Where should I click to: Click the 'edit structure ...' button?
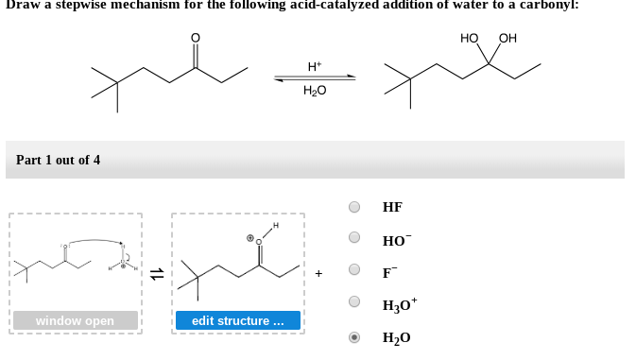tap(238, 321)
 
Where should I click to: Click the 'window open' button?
tap(75, 321)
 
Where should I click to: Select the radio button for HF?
tap(354, 207)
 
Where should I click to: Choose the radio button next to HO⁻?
tap(354, 239)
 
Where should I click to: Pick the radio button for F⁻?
tap(354, 271)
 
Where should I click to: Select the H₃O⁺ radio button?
tap(354, 303)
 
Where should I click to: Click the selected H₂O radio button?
tap(354, 336)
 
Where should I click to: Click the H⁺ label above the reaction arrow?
tap(315, 66)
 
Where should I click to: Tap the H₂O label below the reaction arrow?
tap(315, 92)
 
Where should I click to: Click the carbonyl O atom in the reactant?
tap(196, 39)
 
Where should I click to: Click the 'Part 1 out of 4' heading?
tap(58, 160)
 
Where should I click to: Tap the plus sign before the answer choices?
tap(319, 273)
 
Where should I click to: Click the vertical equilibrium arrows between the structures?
tap(157, 273)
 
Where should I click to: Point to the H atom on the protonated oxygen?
tap(276, 226)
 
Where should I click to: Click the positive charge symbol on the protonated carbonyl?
tap(249, 238)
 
